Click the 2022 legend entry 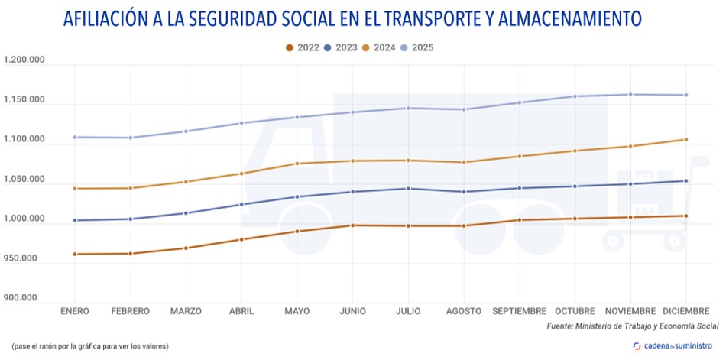tap(303, 47)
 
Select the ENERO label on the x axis tap(76, 311)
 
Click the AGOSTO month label tap(464, 311)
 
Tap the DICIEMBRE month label tap(685, 311)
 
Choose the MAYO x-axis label tap(297, 311)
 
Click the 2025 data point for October tap(575, 96)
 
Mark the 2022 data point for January tap(75, 254)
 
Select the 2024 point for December tap(685, 139)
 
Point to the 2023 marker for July tap(409, 189)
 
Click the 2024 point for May tap(297, 164)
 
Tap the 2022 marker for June tap(352, 225)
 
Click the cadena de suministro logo tap(676, 345)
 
